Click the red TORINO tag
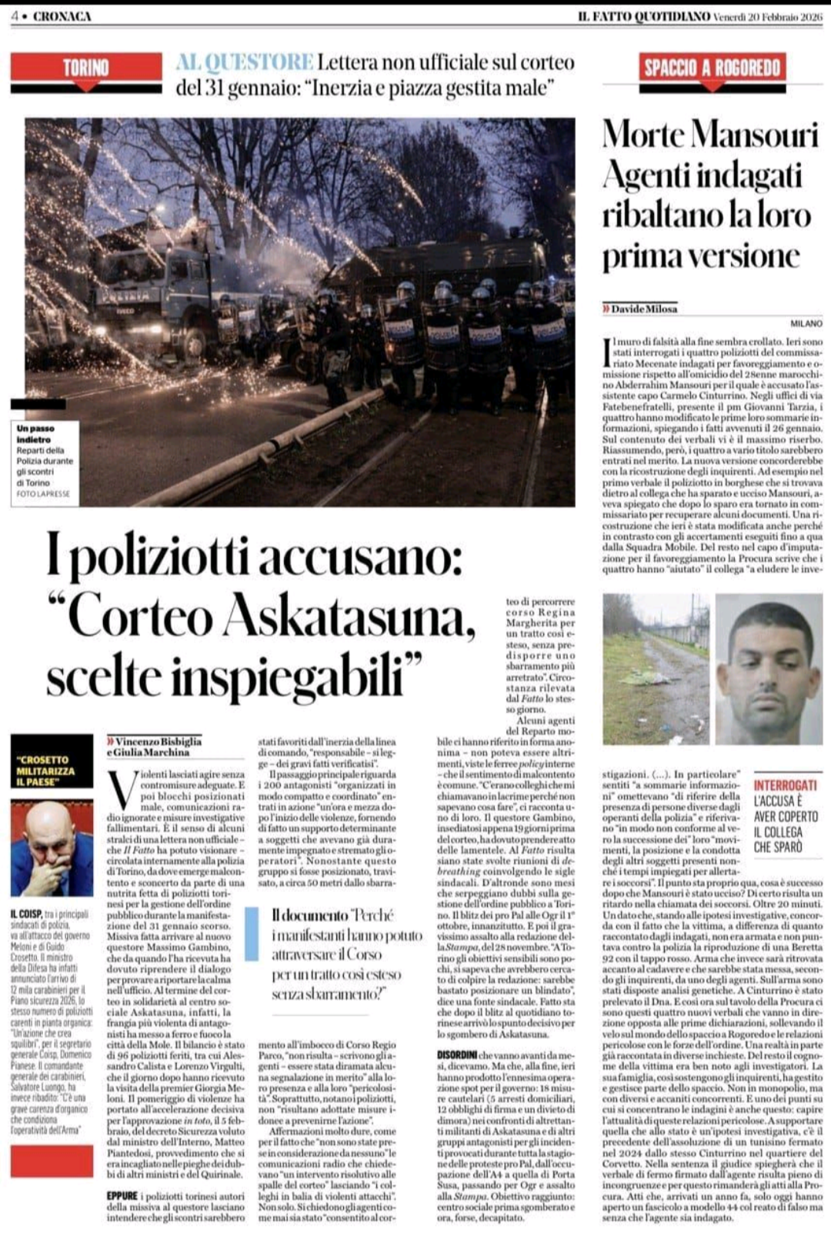(85, 68)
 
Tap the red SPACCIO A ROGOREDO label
(713, 68)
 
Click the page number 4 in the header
(15, 16)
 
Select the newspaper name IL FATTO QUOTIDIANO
(643, 16)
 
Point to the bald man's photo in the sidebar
(52, 847)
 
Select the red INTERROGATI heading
(785, 785)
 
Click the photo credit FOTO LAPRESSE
(42, 493)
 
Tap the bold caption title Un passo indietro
(35, 433)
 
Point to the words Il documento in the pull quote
(309, 915)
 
